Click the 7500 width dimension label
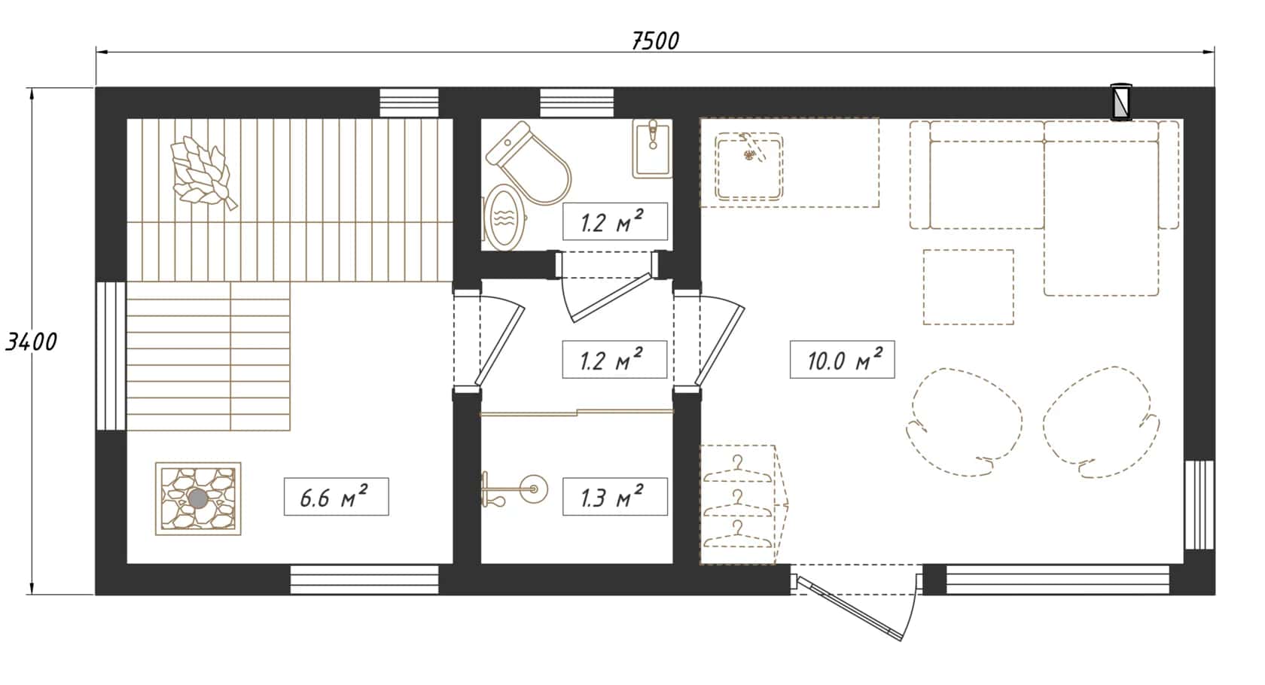coord(655,41)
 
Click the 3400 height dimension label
coord(31,342)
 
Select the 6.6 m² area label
coord(336,497)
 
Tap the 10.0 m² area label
coord(842,360)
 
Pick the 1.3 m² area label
coord(615,497)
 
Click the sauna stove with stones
coord(198,498)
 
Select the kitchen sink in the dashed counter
coord(748,166)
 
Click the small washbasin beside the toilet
coord(653,148)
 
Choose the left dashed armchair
coord(965,422)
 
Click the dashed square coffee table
coord(968,287)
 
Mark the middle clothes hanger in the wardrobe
coord(738,503)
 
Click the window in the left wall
coord(111,356)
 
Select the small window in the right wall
coord(1199,505)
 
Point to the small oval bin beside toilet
coord(504,218)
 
